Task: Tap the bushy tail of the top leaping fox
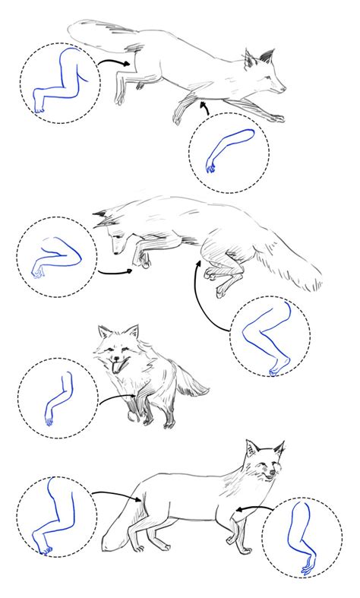(x=103, y=33)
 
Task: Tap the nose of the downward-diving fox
(x=112, y=249)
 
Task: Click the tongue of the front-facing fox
(x=115, y=369)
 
